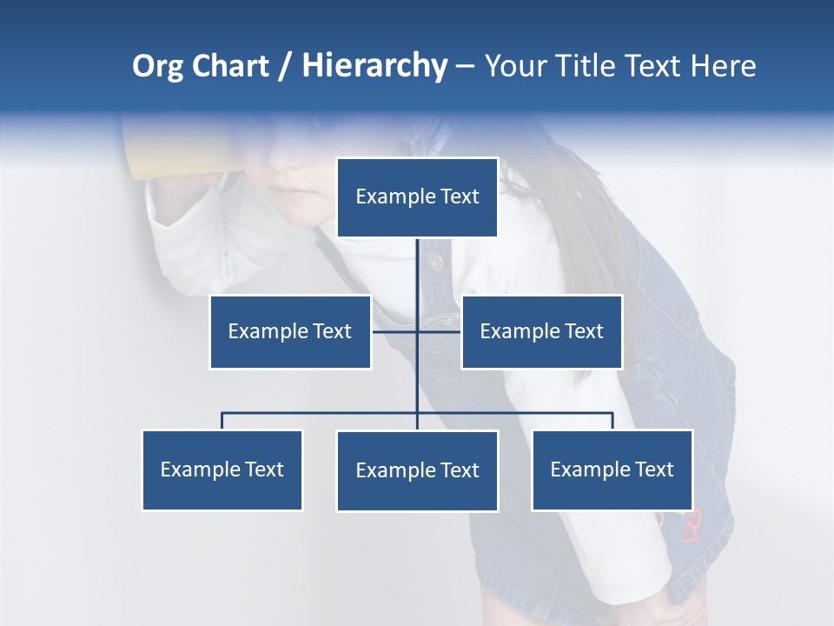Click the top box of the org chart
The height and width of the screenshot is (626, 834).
(x=417, y=197)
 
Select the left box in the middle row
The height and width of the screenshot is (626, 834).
(x=290, y=331)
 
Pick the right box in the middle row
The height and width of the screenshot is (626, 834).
(x=541, y=331)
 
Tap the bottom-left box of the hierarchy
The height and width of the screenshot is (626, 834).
(x=222, y=469)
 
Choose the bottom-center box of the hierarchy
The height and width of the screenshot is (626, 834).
(x=417, y=470)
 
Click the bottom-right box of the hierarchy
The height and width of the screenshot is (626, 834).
(x=612, y=469)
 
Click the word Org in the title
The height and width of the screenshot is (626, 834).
(x=157, y=66)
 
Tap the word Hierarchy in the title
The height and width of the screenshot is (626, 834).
(x=374, y=66)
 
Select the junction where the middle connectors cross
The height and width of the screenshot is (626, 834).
(x=417, y=331)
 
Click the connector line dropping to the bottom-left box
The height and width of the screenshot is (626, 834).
(x=222, y=421)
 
